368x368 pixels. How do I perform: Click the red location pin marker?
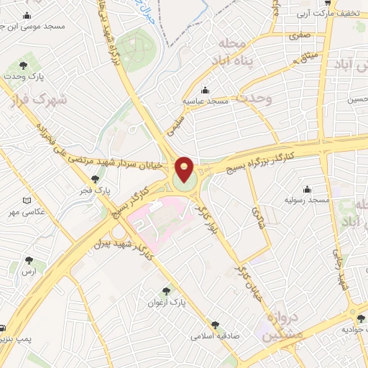click(185, 170)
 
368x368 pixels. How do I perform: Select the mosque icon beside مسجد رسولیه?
click(308, 189)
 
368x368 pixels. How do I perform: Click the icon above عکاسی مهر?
click(27, 201)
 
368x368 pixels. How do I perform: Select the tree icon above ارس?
click(29, 260)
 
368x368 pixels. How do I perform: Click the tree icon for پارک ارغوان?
click(167, 291)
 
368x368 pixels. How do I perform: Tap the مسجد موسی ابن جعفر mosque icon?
click(27, 16)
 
